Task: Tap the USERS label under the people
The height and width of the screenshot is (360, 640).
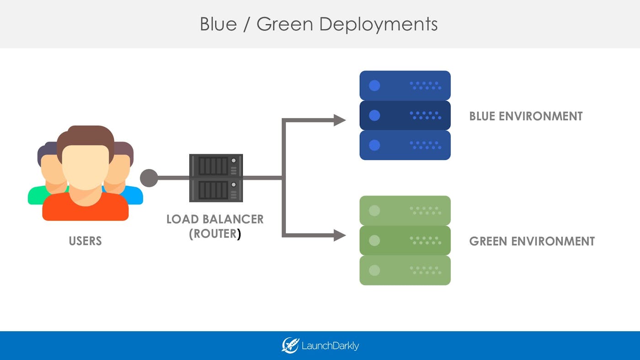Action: coord(85,241)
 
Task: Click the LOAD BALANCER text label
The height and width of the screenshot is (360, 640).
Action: coord(215,219)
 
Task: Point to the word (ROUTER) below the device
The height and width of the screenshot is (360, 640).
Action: coord(215,234)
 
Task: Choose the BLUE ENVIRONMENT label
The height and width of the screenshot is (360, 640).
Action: coord(526,116)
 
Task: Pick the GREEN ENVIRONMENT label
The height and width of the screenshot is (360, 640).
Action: coord(532,241)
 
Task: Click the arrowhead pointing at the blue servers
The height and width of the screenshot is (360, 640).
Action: coord(339,120)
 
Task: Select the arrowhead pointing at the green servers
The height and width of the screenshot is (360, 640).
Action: coord(339,235)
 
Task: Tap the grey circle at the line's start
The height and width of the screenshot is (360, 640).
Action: coord(149,178)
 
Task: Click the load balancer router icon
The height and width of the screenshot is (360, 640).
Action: coord(216,178)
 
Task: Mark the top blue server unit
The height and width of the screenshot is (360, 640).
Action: coord(405,85)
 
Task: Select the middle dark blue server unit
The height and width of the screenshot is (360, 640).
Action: coord(405,115)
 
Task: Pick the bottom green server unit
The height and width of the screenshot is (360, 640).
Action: coord(405,270)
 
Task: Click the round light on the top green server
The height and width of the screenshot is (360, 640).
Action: coord(374,211)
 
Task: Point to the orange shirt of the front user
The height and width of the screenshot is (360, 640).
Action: coord(85,208)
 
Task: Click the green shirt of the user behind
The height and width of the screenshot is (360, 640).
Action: coord(36,195)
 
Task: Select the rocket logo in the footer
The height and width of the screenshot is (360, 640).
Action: coord(290,345)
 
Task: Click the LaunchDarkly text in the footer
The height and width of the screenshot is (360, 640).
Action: coord(330,346)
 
